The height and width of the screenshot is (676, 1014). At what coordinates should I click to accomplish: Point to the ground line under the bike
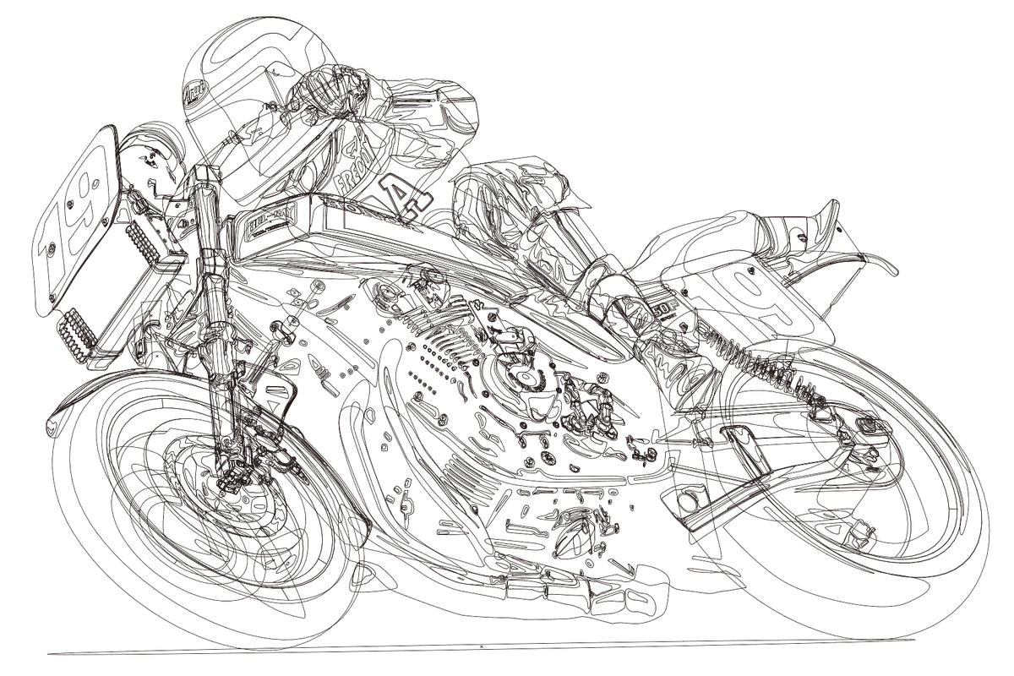(x=507, y=649)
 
